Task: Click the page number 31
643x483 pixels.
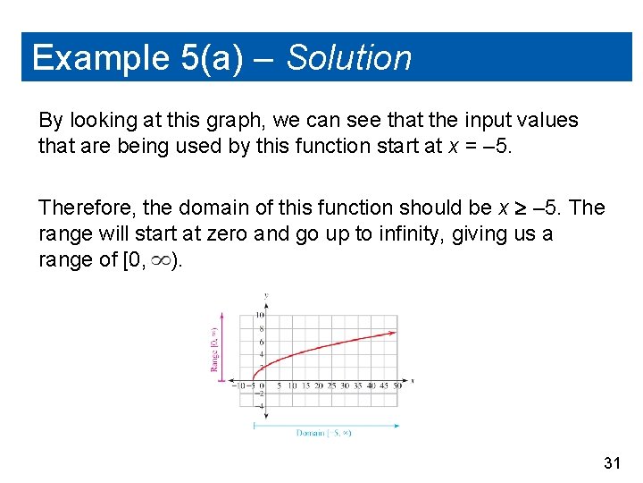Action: coord(612,462)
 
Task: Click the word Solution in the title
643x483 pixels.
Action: coord(349,58)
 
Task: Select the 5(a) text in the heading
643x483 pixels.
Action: coord(214,58)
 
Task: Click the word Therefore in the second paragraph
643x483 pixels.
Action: coord(87,208)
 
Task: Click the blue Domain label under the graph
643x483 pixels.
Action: coord(323,433)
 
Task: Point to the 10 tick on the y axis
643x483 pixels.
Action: coord(260,316)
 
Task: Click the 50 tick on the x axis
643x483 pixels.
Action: coord(397,386)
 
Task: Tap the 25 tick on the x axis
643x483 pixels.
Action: coord(331,386)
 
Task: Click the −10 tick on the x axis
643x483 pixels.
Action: coord(238,386)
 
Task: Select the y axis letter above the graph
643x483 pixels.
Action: coord(266,296)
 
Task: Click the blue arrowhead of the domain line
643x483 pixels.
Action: coord(398,426)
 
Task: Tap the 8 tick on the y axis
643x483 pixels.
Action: coord(262,328)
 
